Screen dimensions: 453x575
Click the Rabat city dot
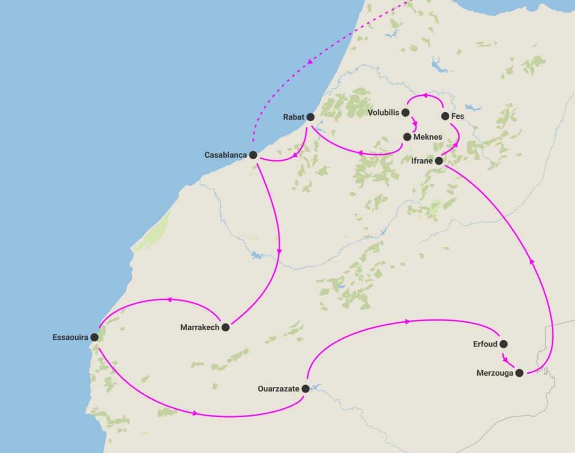pos(310,117)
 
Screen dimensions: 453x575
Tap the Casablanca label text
pos(225,155)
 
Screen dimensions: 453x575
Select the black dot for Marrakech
pos(225,327)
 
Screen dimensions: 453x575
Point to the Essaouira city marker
pos(94,338)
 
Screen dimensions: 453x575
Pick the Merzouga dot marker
pos(519,373)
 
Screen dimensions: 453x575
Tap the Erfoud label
pos(485,344)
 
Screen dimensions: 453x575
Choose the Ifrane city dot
pos(439,161)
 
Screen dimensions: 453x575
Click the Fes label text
pos(458,117)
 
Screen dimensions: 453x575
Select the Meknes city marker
pos(407,137)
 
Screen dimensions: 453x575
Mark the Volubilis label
pos(383,113)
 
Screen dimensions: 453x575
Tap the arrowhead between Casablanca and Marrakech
pos(280,251)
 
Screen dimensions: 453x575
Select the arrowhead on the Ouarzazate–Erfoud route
pos(406,321)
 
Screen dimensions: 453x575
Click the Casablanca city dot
pos(253,155)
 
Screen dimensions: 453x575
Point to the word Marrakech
pos(199,327)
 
